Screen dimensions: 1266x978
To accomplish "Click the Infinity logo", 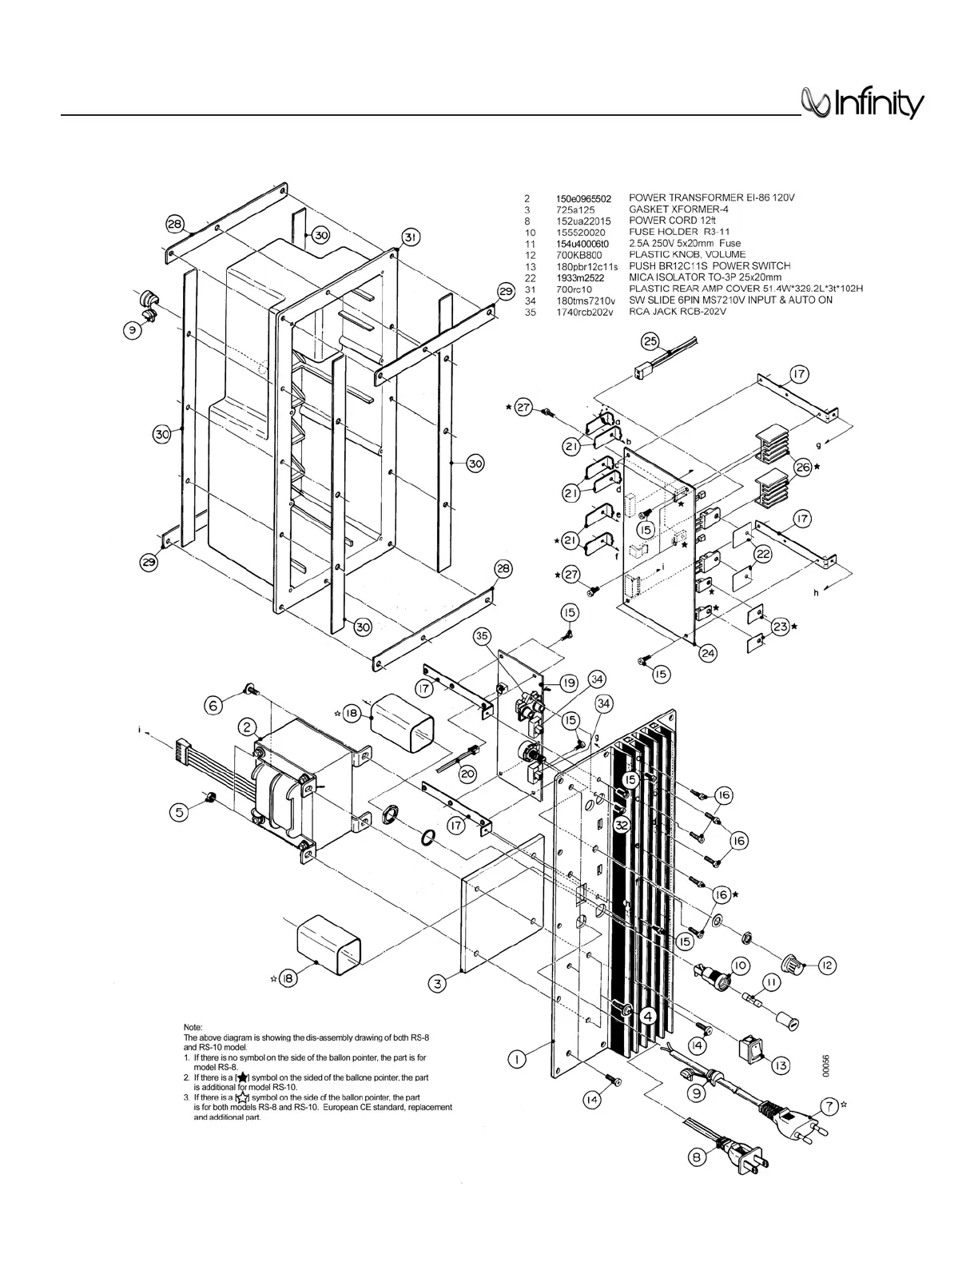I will pos(862,105).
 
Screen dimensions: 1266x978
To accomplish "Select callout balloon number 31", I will pos(410,237).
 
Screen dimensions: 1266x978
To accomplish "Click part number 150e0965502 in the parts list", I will pos(583,197).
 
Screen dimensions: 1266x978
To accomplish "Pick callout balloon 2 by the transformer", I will pos(248,727).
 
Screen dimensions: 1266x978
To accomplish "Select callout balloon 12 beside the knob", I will pos(826,965).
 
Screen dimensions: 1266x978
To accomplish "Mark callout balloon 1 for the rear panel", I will pos(518,1059).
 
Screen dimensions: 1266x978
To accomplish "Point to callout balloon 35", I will pos(482,636).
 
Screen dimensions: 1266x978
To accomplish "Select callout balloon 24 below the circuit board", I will pos(708,653).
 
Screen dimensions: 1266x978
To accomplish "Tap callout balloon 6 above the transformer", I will pos(213,705).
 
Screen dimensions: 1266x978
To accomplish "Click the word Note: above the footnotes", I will pos(193,1027).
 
